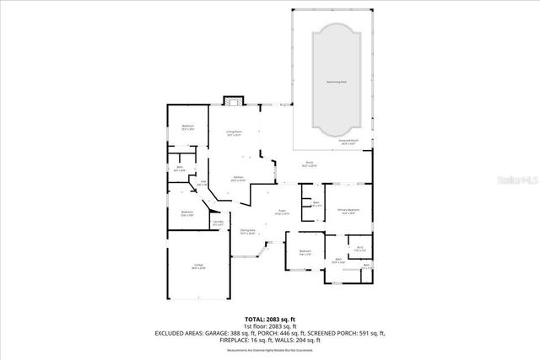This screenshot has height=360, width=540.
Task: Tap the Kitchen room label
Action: [x=238, y=178]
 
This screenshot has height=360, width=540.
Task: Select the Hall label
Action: [x=202, y=184]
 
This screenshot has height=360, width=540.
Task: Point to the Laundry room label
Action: [x=218, y=224]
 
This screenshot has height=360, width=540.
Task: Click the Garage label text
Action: [x=198, y=266]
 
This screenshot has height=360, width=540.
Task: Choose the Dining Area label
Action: [x=247, y=232]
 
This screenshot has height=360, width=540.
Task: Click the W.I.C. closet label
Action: [x=359, y=250]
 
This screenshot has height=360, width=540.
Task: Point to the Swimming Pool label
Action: [x=337, y=82]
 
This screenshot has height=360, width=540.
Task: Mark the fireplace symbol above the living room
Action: [x=232, y=101]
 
